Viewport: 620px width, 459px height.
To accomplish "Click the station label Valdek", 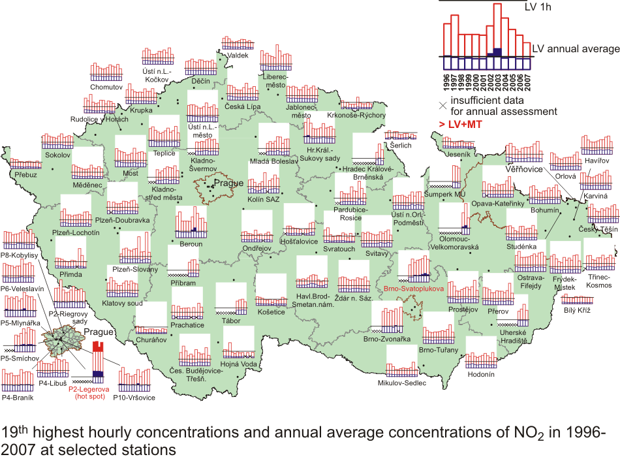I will (x=238, y=56).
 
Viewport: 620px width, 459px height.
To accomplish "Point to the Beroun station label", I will (x=191, y=244).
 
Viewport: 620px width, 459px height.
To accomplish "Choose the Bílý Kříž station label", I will (x=577, y=309).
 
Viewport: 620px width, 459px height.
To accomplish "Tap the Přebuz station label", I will (x=27, y=174).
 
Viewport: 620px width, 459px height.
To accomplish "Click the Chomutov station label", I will (x=106, y=86).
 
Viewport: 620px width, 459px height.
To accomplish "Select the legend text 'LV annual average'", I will (x=575, y=49).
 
